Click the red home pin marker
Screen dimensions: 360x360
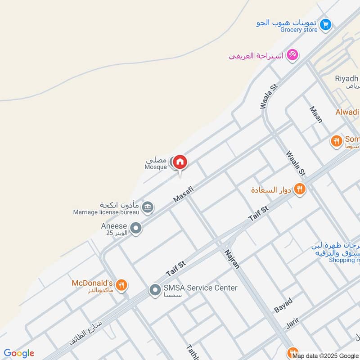(x=180, y=162)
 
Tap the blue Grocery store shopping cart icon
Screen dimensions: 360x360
(x=326, y=24)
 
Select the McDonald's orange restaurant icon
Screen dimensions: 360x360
(x=121, y=285)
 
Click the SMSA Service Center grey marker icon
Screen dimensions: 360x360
(x=155, y=290)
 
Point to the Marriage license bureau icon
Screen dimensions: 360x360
(x=147, y=207)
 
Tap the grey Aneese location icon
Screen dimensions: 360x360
(x=135, y=228)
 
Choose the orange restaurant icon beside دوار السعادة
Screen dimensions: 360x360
(x=300, y=189)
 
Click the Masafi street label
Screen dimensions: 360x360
(x=184, y=195)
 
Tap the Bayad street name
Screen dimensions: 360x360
(x=283, y=305)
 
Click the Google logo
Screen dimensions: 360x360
(x=18, y=353)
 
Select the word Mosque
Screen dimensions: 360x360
(x=155, y=167)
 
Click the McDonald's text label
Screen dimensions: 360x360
(x=92, y=283)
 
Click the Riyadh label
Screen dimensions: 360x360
(x=346, y=78)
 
